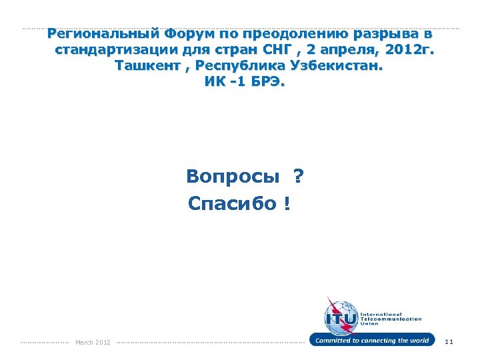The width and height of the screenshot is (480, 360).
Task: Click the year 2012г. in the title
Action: [409, 51]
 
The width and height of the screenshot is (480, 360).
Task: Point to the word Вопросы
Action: [233, 177]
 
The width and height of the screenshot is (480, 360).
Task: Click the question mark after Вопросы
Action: [297, 177]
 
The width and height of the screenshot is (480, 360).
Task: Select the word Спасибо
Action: [231, 203]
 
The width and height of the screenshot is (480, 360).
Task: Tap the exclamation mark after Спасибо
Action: [286, 203]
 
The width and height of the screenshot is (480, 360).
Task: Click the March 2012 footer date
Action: [93, 343]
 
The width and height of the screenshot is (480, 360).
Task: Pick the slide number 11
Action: [449, 342]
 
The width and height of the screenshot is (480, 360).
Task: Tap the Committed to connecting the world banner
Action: [371, 341]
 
